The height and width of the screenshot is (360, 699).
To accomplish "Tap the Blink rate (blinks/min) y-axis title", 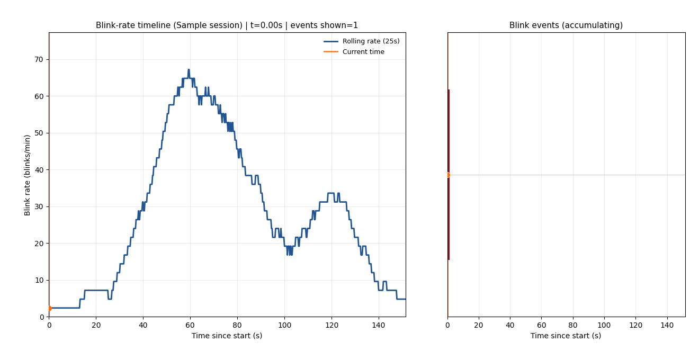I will (x=28, y=175).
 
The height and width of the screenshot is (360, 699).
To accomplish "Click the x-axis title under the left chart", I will (x=227, y=336).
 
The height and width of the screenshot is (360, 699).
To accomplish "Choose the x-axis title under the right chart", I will (x=566, y=336).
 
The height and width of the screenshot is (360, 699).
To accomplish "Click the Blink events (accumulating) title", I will (x=566, y=25).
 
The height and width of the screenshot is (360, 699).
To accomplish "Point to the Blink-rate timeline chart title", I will (x=227, y=25).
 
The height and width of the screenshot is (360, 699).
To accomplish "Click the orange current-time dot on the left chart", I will (x=49, y=308).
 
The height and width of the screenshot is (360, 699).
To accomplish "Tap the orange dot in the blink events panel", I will (x=447, y=175).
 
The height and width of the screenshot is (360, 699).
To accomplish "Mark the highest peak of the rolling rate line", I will (x=189, y=70).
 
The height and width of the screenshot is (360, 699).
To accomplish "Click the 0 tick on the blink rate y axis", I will (x=42, y=317).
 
